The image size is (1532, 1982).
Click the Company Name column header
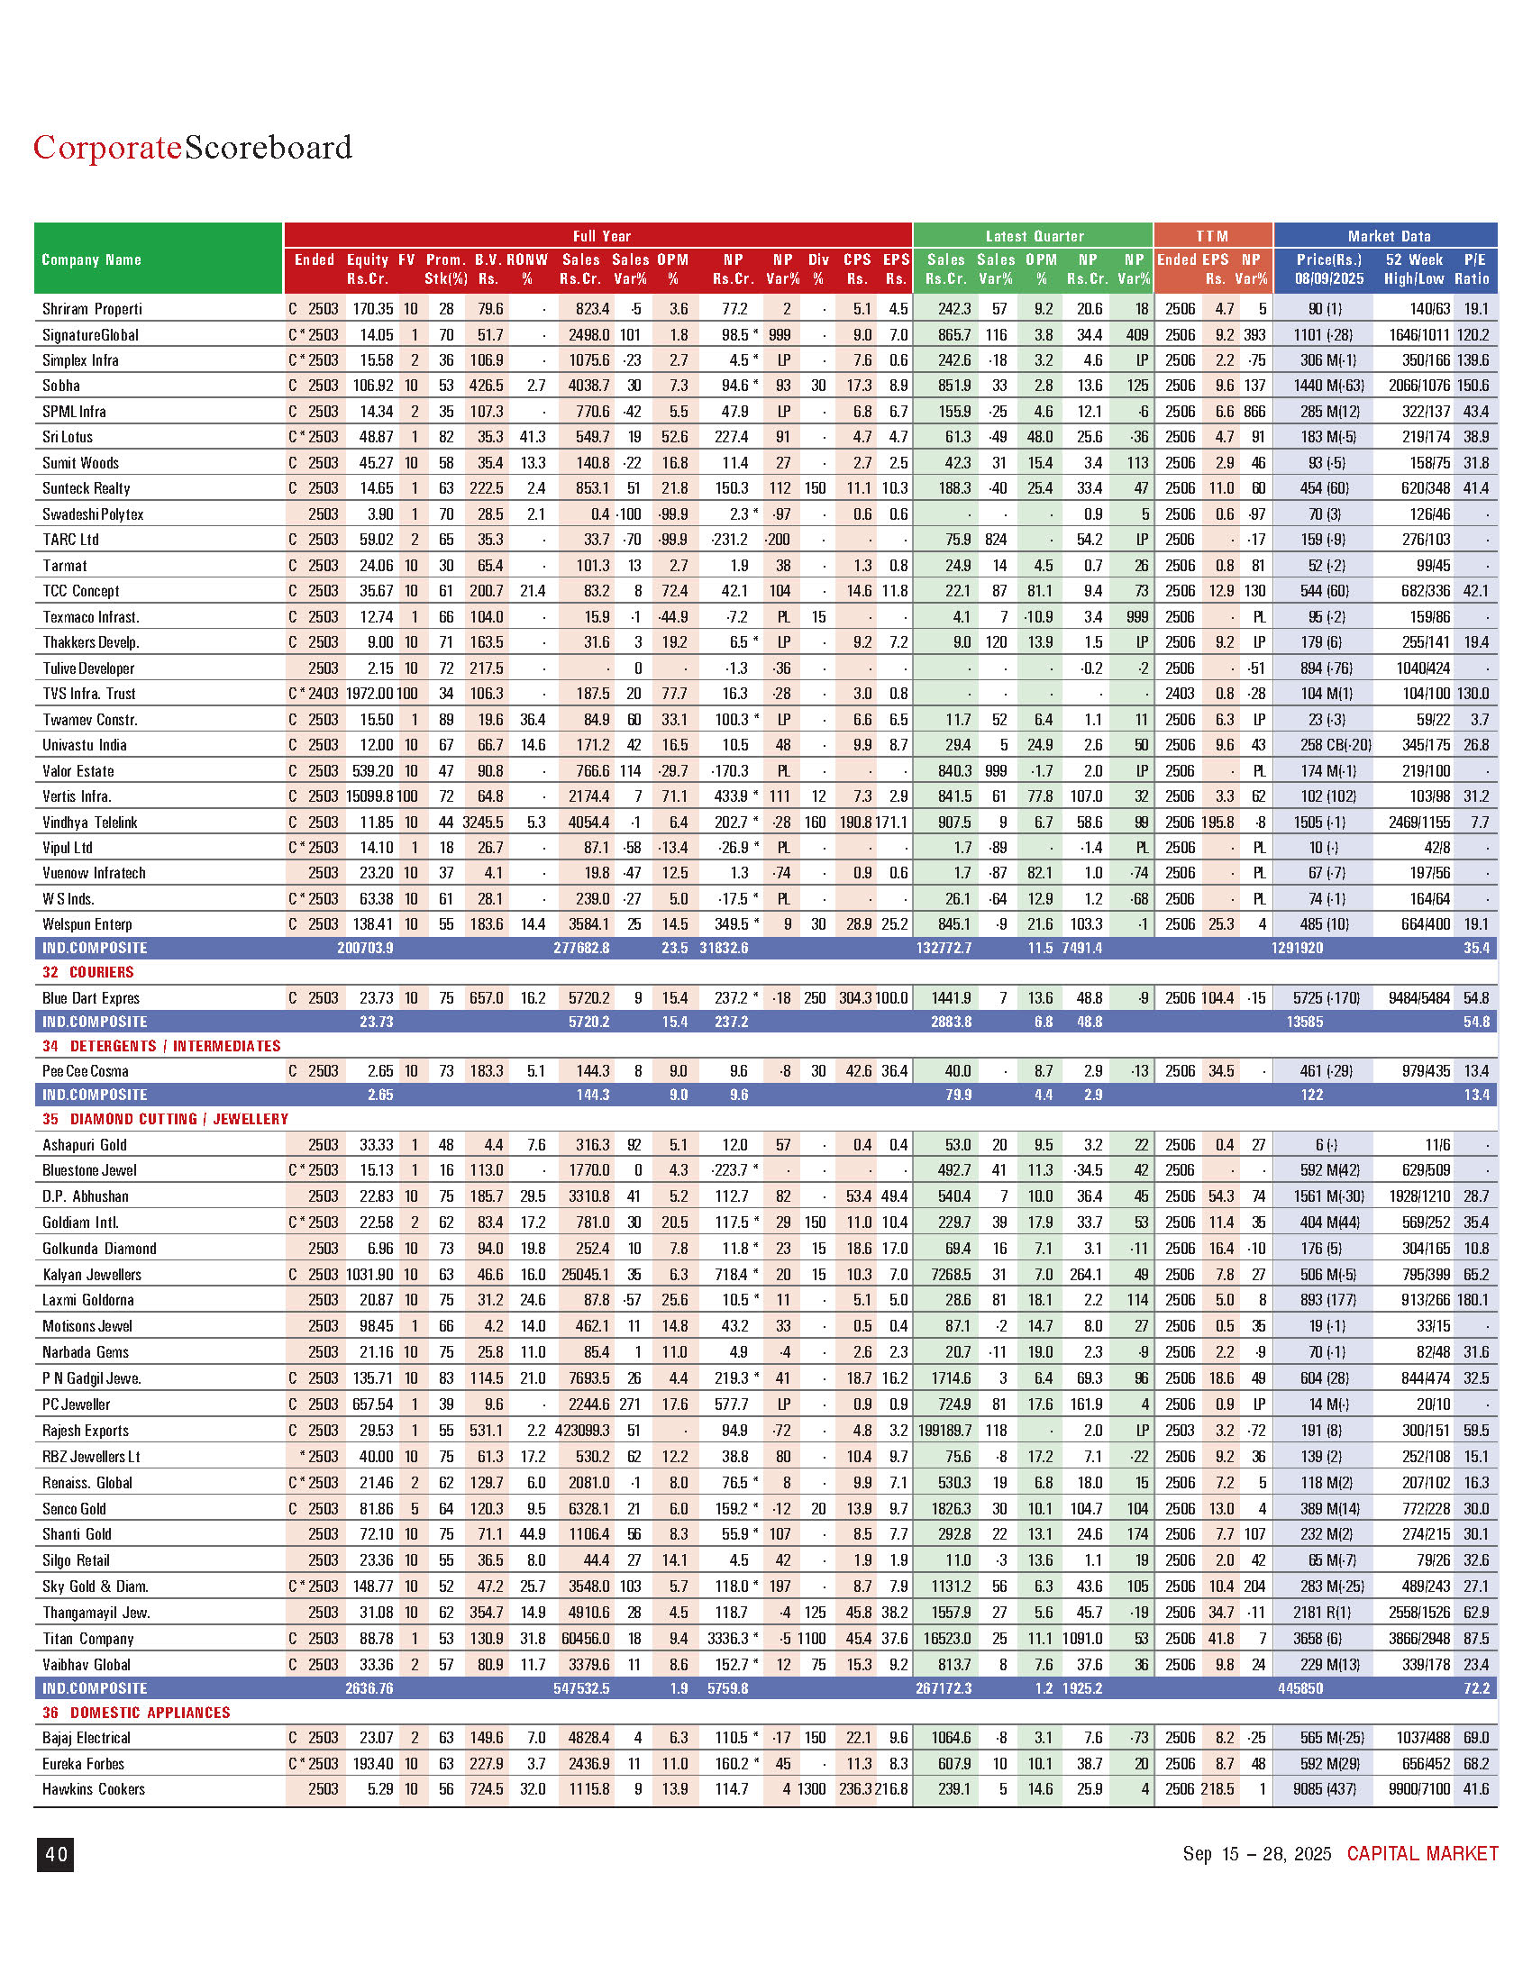[x=92, y=260]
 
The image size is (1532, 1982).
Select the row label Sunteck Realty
[x=87, y=488]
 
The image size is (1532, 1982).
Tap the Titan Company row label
[x=88, y=1639]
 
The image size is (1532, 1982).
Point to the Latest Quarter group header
[x=1035, y=236]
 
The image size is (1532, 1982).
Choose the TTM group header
[x=1211, y=236]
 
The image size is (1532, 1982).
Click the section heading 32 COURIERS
[x=88, y=972]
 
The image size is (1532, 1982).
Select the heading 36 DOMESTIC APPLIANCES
[x=136, y=1713]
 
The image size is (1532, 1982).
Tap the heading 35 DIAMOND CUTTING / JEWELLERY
[x=165, y=1119]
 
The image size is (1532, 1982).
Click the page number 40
[x=55, y=1854]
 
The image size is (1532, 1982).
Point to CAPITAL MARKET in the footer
[x=1422, y=1853]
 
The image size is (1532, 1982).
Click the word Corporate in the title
[x=107, y=147]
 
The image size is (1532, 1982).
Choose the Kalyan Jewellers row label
[x=92, y=1274]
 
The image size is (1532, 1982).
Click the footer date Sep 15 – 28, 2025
[x=1256, y=1853]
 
